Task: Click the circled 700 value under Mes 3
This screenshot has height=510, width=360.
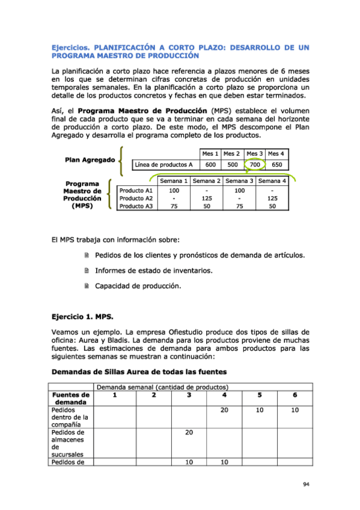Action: pos(255,164)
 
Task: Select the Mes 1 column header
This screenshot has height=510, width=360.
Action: pos(210,153)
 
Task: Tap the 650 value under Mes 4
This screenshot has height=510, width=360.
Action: pos(276,164)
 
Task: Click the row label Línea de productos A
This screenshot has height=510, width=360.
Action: pos(163,164)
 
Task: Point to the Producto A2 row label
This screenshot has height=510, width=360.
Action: pos(136,198)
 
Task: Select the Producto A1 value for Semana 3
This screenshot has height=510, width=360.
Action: pos(239,190)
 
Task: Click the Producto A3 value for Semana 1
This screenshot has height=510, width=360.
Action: pos(174,206)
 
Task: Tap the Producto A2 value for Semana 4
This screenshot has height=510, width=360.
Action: pos(272,198)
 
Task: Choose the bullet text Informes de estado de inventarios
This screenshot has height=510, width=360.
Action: pos(153,271)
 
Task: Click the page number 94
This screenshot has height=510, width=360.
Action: pos(306,484)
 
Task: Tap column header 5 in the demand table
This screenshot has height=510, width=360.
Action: pos(260,395)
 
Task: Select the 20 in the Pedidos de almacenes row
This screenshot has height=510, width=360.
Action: pos(189,432)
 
